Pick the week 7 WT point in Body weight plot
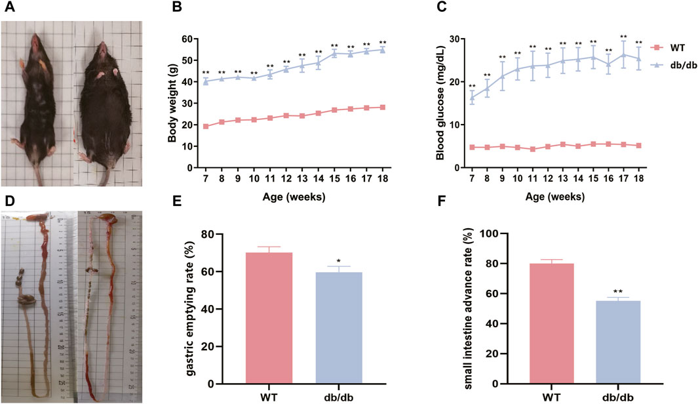(x=206, y=126)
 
